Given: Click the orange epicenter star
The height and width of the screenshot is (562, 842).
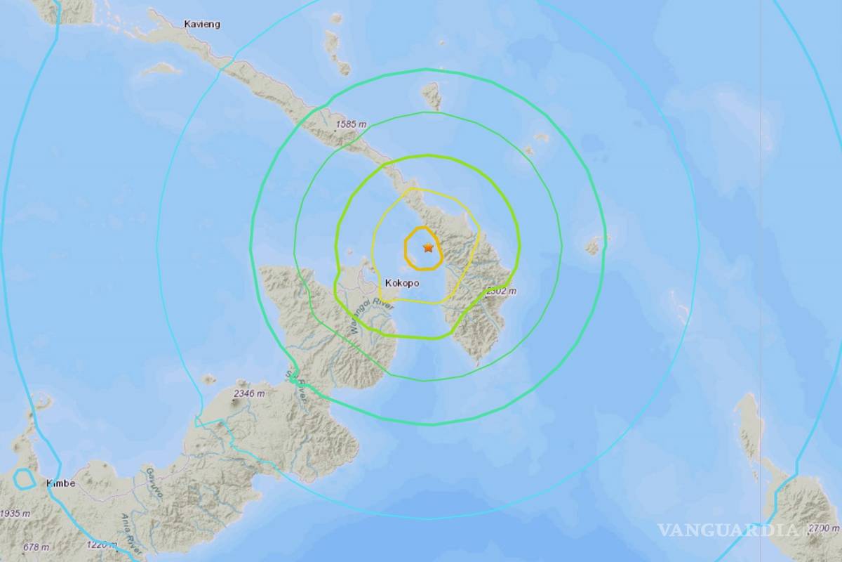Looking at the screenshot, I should pos(428,247).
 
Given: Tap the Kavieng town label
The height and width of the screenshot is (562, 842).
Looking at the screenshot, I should pos(202,24).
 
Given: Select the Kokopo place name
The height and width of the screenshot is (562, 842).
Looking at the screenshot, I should pos(402,282).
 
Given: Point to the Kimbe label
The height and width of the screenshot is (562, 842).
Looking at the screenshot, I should pos(60,483).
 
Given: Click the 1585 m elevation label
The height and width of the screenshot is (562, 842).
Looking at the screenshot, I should pos(352,124).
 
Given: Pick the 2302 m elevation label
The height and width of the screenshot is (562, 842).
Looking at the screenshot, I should pos(502,291).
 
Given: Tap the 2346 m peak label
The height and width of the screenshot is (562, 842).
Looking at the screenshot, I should pos(250,393).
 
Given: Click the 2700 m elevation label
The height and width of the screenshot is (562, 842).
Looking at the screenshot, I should pos(824,528).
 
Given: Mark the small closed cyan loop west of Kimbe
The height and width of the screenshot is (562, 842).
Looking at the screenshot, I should pos(25,479).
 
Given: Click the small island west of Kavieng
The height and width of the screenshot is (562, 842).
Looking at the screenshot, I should pos(161,69).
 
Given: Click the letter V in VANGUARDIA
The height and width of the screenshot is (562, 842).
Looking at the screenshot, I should pos(665,530).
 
